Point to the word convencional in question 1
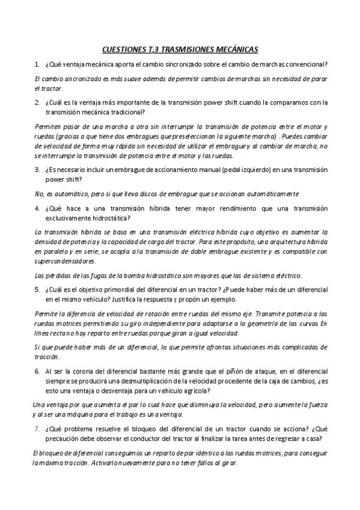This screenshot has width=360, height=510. (316, 64)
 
